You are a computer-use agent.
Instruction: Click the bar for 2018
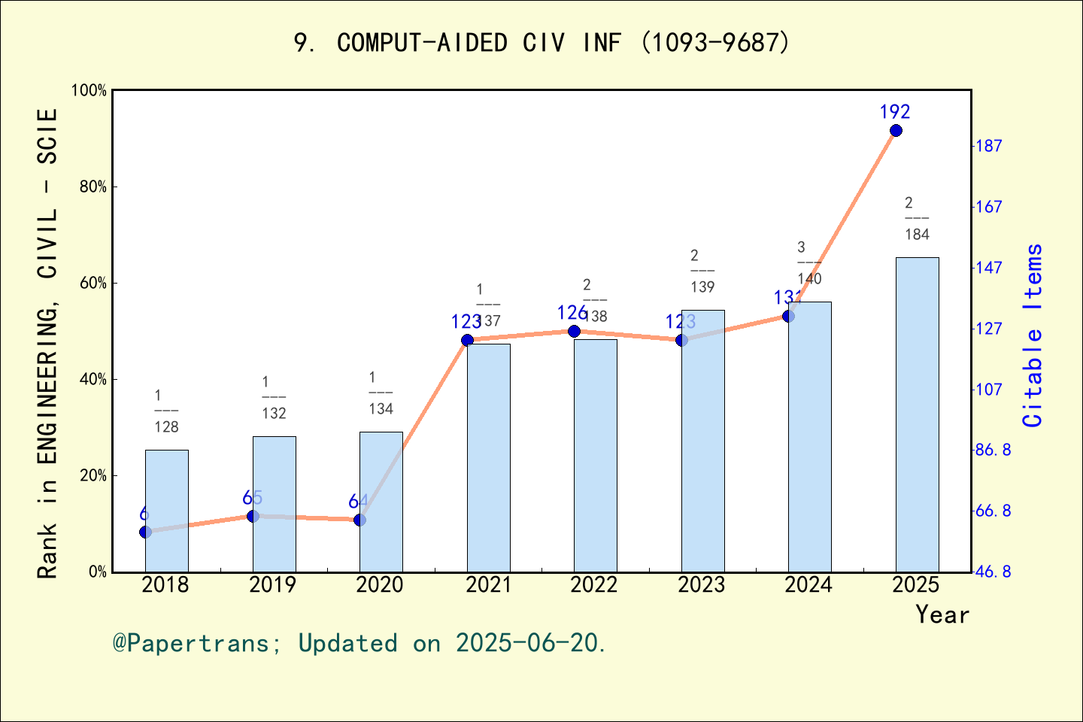(167, 511)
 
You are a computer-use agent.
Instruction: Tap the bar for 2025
(917, 414)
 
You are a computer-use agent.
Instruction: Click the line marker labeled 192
(896, 131)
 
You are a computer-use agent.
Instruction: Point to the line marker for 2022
(574, 331)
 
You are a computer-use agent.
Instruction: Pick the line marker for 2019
(253, 516)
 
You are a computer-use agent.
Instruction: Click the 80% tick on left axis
(93, 187)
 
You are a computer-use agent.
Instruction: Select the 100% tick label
(89, 91)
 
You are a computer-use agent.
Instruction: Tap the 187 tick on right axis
(988, 146)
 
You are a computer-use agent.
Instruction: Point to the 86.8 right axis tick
(993, 450)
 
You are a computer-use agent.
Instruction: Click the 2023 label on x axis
(701, 585)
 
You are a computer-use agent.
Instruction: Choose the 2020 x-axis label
(380, 585)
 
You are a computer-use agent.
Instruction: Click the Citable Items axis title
(1033, 335)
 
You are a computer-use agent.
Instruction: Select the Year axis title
(942, 614)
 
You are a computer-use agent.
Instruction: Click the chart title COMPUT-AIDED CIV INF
(541, 43)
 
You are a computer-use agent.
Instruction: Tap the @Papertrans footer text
(359, 643)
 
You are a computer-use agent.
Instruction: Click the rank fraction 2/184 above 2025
(916, 219)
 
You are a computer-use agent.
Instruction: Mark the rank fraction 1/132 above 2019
(274, 398)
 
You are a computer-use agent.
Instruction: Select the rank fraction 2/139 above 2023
(702, 272)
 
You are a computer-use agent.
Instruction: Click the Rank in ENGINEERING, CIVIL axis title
(47, 342)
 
